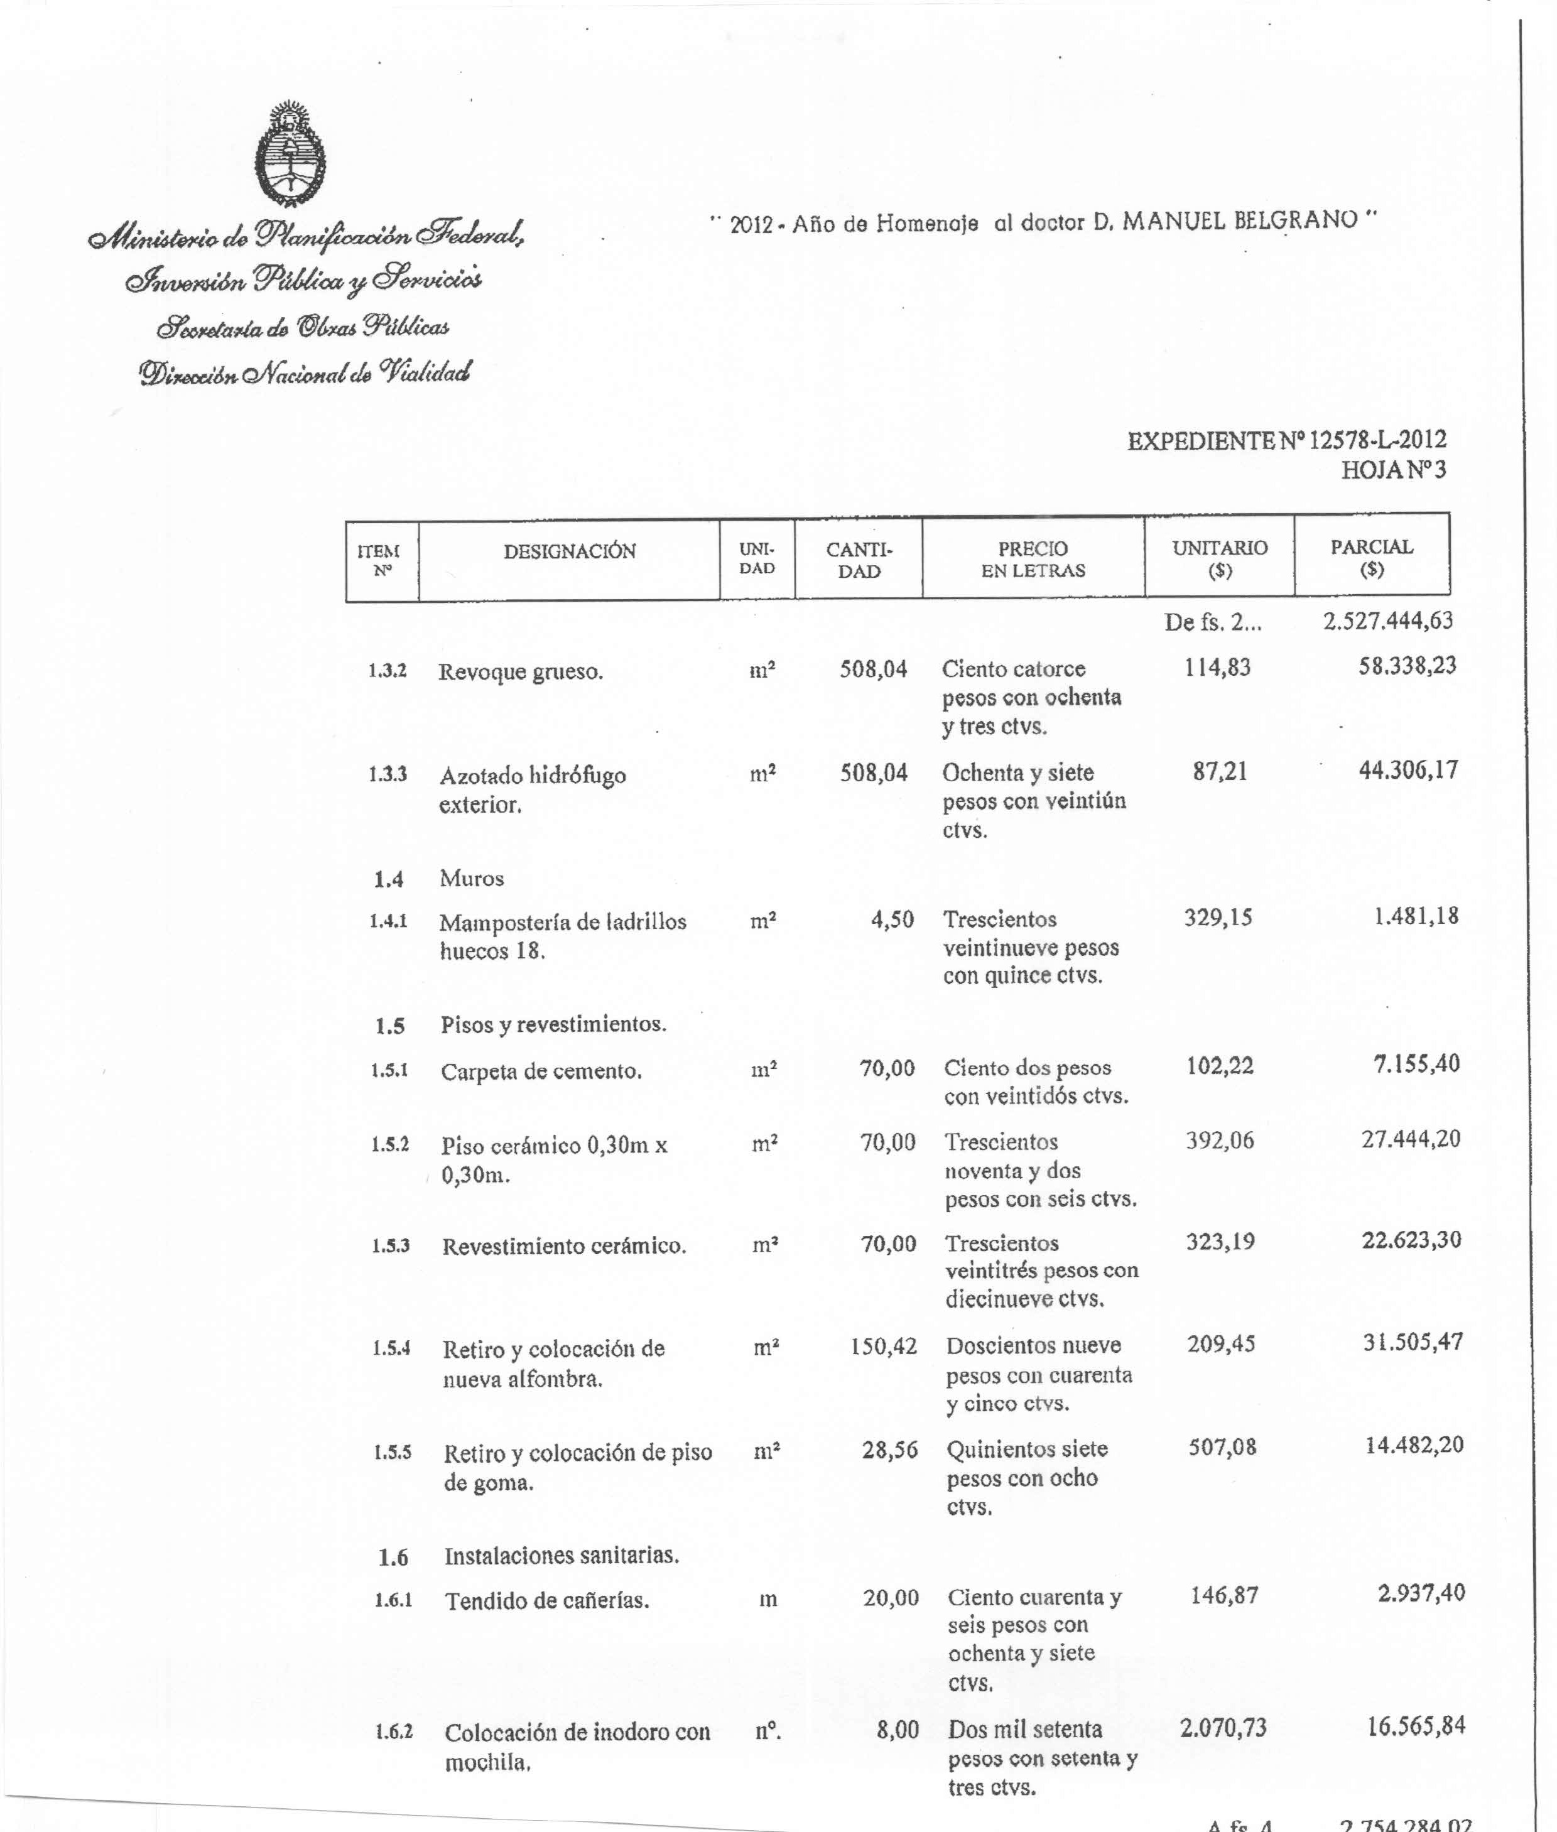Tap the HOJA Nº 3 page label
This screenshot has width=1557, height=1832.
click(1393, 470)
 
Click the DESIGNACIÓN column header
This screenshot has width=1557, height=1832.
click(569, 551)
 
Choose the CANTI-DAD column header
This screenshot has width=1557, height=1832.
click(859, 560)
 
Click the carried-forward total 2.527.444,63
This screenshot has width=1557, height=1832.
click(1387, 621)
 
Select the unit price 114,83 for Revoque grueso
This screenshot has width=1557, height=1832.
click(1217, 667)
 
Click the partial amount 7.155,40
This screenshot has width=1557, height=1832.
click(1416, 1063)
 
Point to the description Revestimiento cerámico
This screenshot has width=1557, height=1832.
click(564, 1246)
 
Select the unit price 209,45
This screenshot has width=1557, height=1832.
click(1221, 1344)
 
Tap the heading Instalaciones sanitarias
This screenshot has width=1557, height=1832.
click(561, 1555)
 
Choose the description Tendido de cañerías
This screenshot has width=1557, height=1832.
click(546, 1601)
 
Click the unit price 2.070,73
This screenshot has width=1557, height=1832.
click(1222, 1727)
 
